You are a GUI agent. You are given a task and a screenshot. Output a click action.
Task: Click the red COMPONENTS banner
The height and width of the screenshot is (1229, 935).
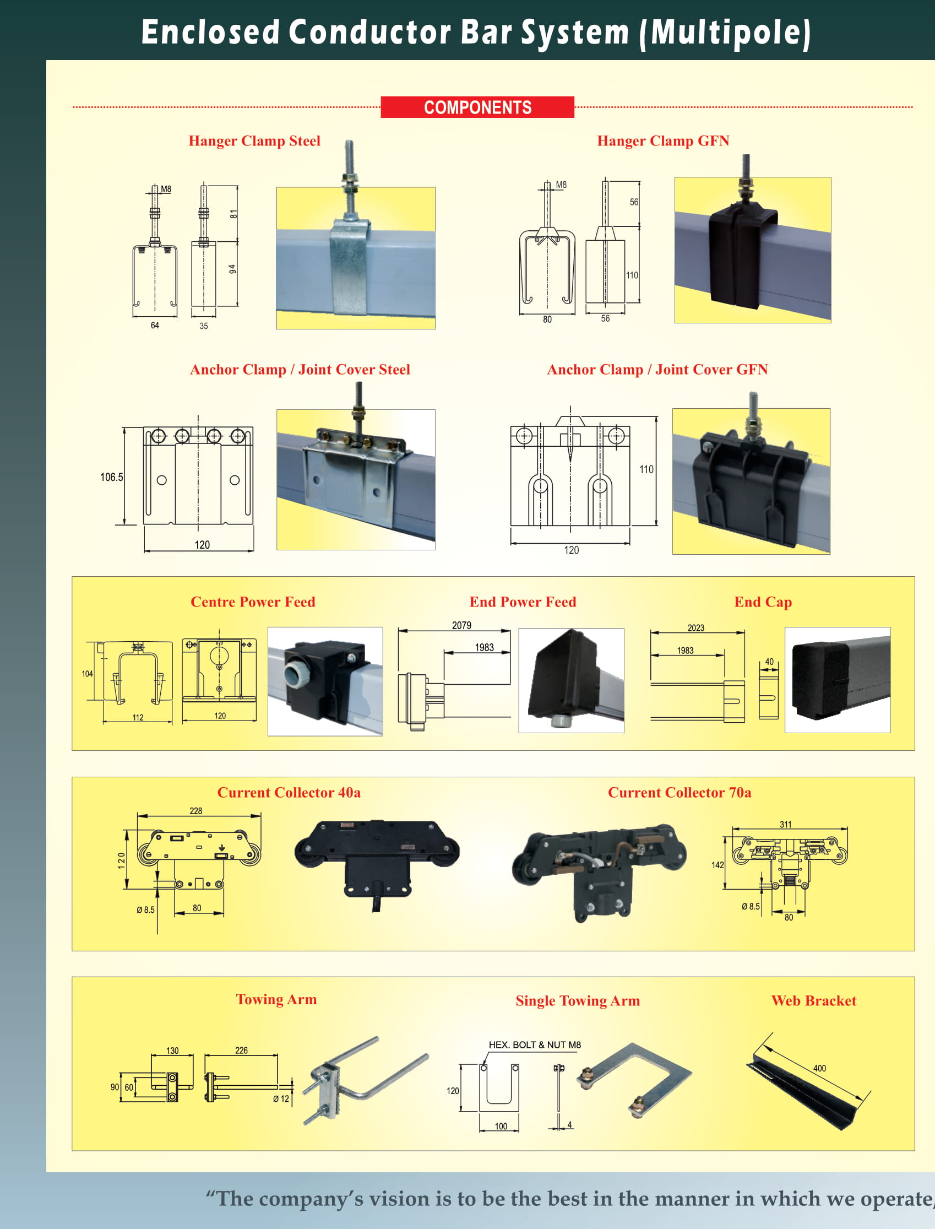click(477, 107)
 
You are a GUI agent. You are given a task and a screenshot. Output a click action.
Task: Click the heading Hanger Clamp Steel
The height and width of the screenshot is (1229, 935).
click(254, 141)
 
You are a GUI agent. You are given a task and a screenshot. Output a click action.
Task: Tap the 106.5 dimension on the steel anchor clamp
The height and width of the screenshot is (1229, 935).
click(111, 477)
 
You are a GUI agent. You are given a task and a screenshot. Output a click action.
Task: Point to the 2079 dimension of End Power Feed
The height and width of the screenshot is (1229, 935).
click(461, 625)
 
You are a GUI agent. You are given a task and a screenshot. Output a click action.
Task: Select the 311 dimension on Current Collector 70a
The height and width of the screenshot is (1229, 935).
click(785, 824)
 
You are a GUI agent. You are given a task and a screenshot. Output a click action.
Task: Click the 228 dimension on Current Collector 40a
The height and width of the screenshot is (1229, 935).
click(196, 811)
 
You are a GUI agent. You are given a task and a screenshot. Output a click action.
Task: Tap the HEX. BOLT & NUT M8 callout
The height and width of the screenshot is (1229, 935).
click(534, 1045)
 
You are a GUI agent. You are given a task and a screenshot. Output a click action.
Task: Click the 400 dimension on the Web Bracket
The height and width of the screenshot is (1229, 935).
click(819, 1068)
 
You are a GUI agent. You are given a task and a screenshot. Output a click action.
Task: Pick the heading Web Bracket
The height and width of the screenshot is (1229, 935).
click(813, 1001)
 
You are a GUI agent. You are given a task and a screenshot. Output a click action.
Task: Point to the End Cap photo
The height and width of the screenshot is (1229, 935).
click(837, 680)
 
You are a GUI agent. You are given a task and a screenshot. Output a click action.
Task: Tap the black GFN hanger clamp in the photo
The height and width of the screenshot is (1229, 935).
click(736, 253)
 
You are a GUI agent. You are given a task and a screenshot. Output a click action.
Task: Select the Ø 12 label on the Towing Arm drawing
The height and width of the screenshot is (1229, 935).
click(281, 1099)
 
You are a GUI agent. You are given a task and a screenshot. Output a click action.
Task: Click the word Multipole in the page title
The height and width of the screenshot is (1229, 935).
click(730, 33)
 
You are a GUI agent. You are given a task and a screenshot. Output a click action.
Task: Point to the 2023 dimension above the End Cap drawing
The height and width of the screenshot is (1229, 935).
click(695, 628)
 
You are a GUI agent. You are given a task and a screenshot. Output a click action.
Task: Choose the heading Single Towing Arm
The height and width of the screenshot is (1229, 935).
click(578, 1001)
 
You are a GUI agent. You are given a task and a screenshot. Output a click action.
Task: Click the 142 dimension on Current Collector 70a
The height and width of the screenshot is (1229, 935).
click(717, 865)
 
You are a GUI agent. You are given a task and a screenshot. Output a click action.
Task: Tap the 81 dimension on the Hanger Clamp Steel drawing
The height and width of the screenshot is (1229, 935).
click(233, 214)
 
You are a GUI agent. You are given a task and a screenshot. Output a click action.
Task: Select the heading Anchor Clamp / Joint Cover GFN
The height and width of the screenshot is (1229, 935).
click(657, 370)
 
